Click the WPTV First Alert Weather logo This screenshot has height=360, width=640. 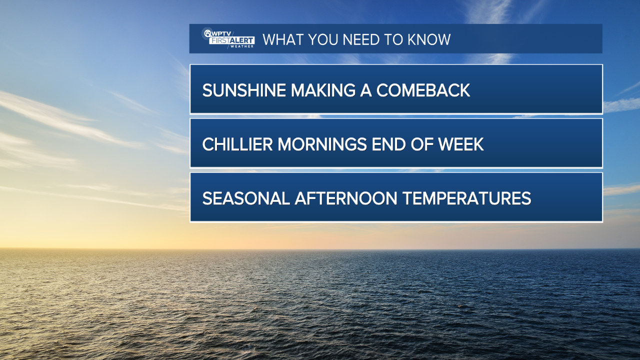click(x=228, y=38)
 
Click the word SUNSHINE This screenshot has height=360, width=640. click(x=244, y=90)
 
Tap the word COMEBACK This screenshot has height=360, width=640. click(x=423, y=90)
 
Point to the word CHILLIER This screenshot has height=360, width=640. click(x=237, y=144)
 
